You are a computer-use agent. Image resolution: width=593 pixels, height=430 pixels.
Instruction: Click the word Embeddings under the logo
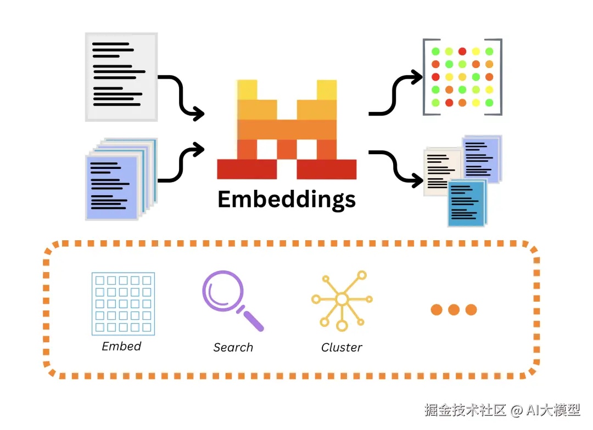[x=287, y=200]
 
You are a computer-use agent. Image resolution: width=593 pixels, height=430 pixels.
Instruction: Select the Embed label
[x=121, y=346]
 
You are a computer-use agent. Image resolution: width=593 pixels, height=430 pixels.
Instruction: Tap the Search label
[x=233, y=347]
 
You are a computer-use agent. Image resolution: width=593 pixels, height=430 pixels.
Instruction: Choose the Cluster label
[x=342, y=347]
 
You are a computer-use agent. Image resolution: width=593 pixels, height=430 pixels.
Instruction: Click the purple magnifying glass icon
[x=232, y=301]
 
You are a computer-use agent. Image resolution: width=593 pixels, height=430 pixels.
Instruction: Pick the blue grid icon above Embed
[x=124, y=304]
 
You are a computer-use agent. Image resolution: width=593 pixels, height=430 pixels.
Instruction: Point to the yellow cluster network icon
[x=342, y=301]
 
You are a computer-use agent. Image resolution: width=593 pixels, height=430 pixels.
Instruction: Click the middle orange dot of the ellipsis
[x=454, y=310]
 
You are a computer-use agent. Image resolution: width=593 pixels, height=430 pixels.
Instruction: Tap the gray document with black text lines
[x=121, y=77]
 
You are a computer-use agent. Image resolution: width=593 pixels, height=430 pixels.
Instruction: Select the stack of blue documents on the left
[x=121, y=179]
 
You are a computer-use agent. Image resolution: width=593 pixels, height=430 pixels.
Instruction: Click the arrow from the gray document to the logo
[x=182, y=97]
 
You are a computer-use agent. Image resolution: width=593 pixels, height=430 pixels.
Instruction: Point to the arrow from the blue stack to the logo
[x=182, y=162]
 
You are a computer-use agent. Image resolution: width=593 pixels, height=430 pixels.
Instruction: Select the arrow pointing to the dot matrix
[x=395, y=94]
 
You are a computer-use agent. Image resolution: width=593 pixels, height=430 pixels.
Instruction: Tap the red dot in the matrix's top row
[x=462, y=52]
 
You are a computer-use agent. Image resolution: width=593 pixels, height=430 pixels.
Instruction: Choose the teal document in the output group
[x=467, y=203]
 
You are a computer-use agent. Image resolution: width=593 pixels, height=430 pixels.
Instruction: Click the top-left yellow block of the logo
[x=247, y=89]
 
